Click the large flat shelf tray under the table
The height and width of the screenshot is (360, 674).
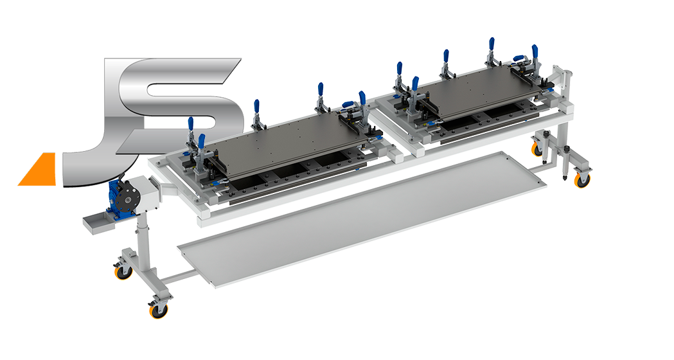362,219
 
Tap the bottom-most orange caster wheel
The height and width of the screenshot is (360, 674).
158,310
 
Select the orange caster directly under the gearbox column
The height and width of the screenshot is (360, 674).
123,272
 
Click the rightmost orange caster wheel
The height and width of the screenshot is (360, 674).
583,181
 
